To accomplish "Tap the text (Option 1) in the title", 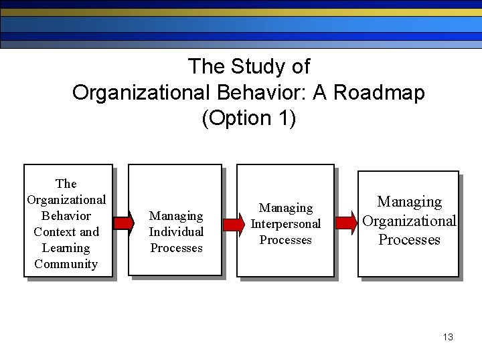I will tap(248, 118).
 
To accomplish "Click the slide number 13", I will tap(448, 337).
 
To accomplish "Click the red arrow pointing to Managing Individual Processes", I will tap(123, 223).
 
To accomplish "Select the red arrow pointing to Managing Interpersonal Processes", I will tap(233, 224).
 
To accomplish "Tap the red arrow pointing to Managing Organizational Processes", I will tap(346, 223).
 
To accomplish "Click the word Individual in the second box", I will tap(176, 232).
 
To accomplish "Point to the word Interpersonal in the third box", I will tap(286, 224).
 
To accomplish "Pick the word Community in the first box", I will tap(66, 264).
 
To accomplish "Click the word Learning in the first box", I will tap(66, 248).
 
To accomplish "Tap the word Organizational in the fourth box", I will tap(409, 221).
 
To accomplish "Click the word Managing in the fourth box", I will tap(410, 202).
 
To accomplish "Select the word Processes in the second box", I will tap(176, 248).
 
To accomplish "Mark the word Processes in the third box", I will tap(286, 240).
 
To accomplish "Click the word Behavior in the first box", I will tap(66, 216).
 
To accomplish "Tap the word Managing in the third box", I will tap(286, 208).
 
